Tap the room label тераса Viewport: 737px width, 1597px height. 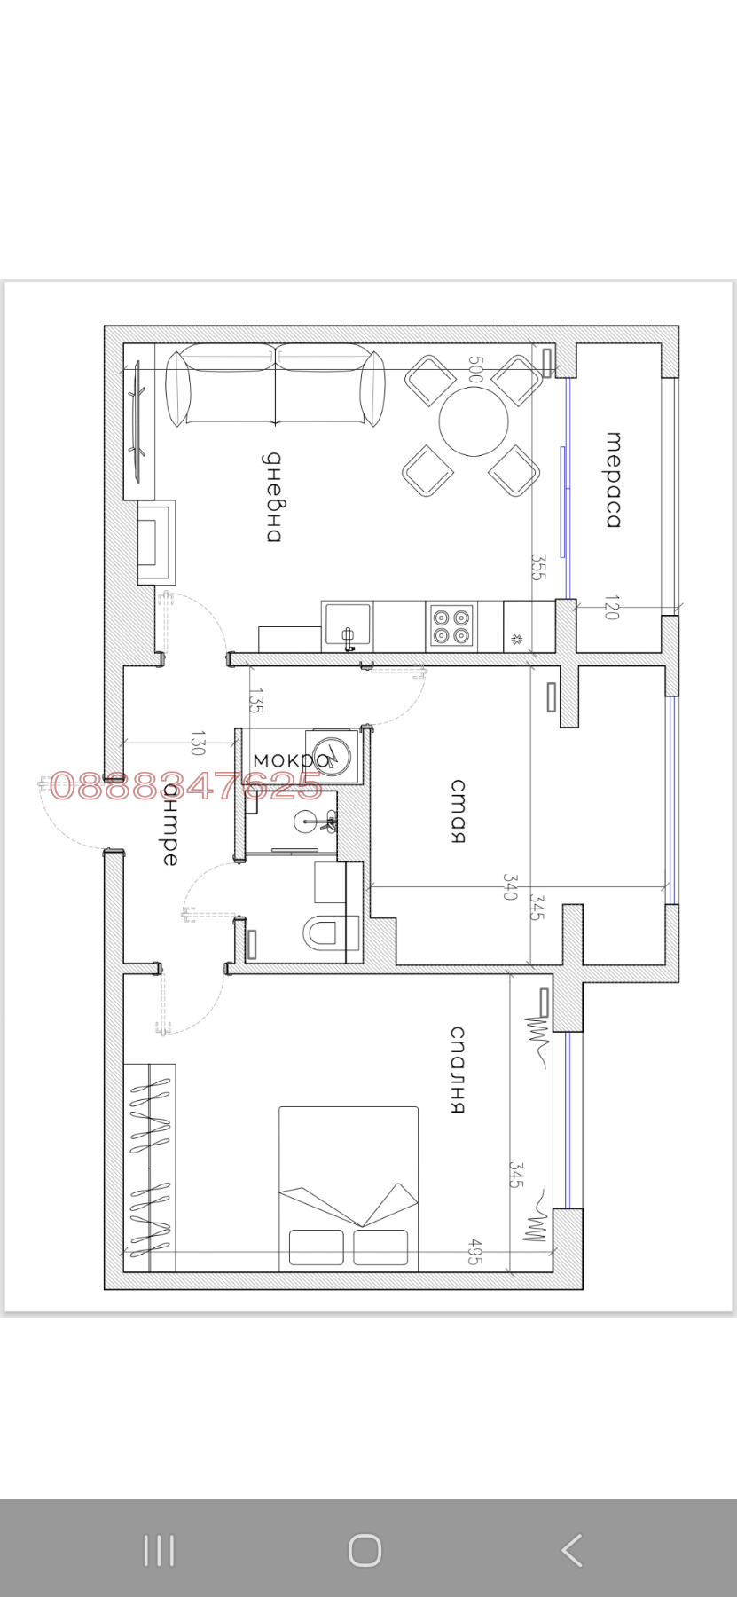point(613,480)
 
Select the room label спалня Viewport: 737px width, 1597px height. point(458,1069)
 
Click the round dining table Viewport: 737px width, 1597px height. point(474,421)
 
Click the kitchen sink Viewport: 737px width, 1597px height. point(347,625)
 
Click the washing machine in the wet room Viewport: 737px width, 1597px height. point(332,756)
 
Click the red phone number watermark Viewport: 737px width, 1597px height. point(185,785)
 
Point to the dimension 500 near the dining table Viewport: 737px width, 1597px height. point(475,370)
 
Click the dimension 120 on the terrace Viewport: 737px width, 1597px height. point(611,609)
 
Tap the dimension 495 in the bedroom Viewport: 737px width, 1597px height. point(475,1251)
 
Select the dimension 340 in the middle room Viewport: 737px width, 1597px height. point(509,886)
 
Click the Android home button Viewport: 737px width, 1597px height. point(365,1550)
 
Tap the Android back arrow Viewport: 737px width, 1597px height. point(572,1550)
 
